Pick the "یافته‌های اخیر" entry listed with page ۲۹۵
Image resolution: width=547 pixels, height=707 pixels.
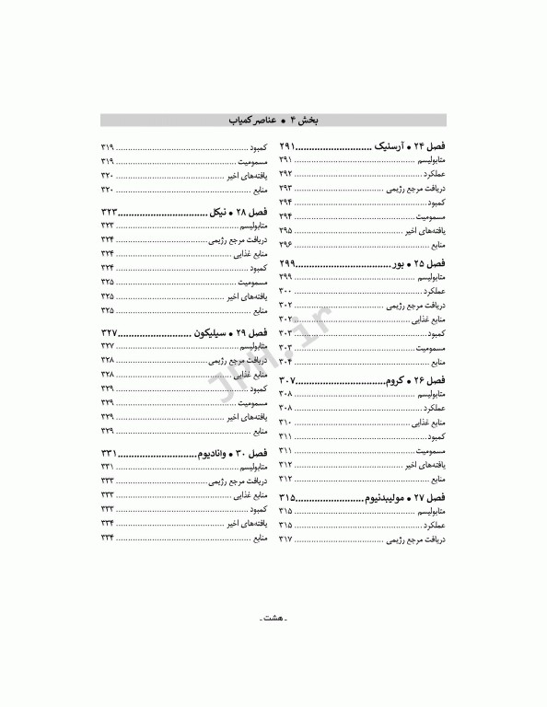click(x=425, y=230)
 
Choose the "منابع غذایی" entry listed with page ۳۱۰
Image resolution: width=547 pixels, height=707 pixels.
click(x=426, y=422)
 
